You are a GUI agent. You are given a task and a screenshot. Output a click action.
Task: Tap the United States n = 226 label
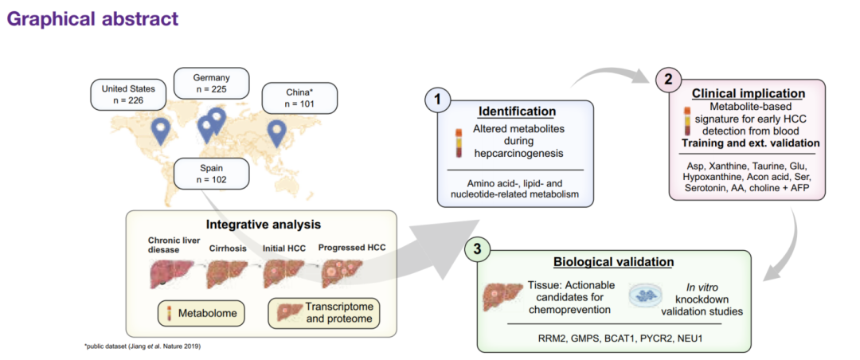pos(127,93)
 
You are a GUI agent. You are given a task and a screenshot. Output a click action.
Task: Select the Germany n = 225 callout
pos(212,84)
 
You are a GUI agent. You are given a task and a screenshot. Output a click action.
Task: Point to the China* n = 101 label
pos(299,98)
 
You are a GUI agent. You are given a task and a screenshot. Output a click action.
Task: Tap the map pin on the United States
pos(162,131)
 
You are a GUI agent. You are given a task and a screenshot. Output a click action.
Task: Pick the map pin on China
pos(276,132)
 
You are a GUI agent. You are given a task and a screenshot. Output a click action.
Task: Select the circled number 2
pos(667,78)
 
